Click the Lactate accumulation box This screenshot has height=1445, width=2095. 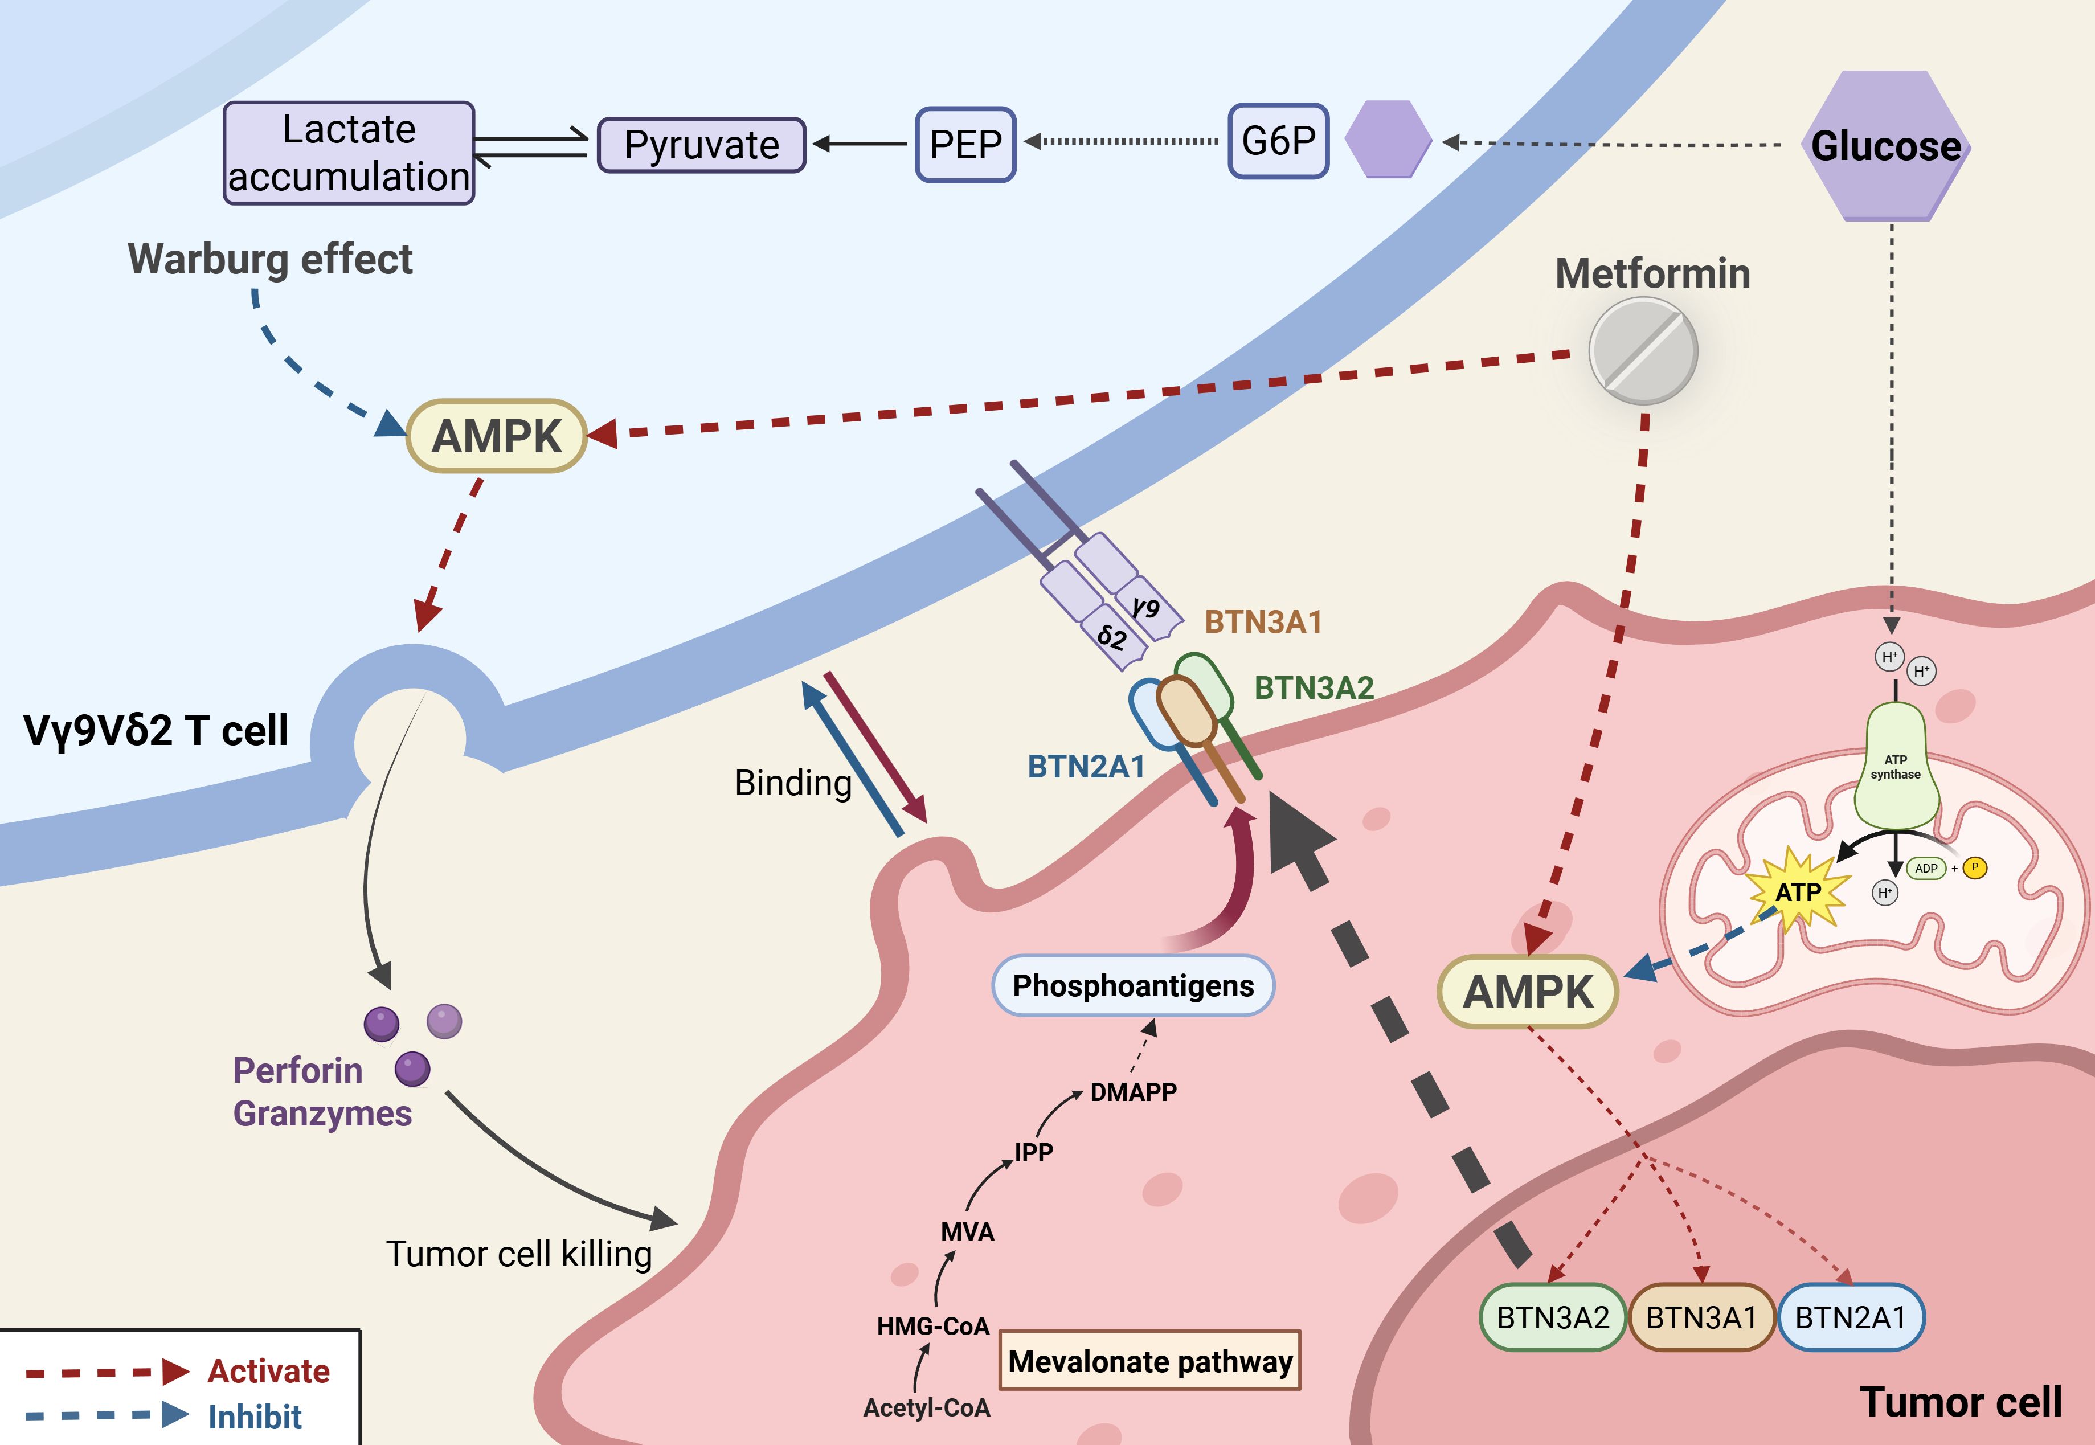pyautogui.click(x=349, y=153)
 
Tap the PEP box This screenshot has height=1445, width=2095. pyautogui.click(x=965, y=145)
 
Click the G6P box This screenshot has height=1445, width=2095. pyautogui.click(x=1278, y=141)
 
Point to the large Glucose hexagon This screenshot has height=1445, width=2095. pyautogui.click(x=1886, y=146)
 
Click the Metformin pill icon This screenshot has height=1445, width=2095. pyautogui.click(x=1642, y=351)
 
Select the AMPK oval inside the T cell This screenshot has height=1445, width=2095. pyautogui.click(x=496, y=436)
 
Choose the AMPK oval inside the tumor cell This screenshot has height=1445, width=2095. pyautogui.click(x=1527, y=992)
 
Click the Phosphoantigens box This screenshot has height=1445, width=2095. pyautogui.click(x=1132, y=985)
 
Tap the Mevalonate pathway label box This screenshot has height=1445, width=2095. pyautogui.click(x=1150, y=1361)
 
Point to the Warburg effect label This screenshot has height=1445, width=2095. pyautogui.click(x=270, y=259)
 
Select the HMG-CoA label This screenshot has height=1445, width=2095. pyautogui.click(x=932, y=1327)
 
